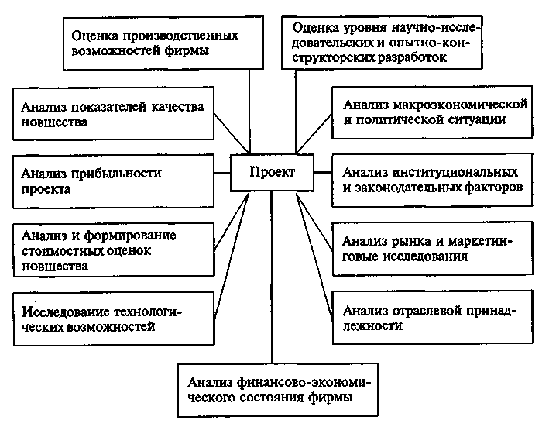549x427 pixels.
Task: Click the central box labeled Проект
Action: coord(272,173)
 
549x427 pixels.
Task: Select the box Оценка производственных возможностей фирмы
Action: coord(163,43)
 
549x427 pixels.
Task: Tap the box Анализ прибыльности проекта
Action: coord(114,181)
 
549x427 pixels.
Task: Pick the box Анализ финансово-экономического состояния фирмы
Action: coord(278,390)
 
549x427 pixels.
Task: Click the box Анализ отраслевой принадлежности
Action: coord(432,317)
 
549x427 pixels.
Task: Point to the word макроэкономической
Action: coord(461,105)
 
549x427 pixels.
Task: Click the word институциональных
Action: coord(455,173)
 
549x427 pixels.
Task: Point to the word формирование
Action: coord(130,236)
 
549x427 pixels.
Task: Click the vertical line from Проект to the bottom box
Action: coord(272,277)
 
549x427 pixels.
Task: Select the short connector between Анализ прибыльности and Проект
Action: coord(222,173)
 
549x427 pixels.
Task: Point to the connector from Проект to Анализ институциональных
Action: coord(323,172)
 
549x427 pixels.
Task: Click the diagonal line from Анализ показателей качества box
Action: coord(232,134)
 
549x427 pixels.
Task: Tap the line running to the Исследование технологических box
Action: coord(232,256)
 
